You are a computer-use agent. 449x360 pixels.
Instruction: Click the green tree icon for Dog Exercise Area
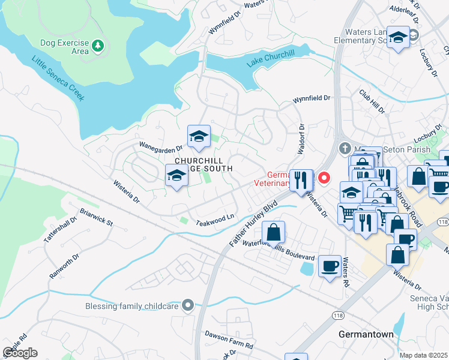(98, 45)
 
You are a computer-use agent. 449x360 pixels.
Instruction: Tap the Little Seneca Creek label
(58, 78)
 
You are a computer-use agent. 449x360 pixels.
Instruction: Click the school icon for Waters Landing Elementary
(397, 38)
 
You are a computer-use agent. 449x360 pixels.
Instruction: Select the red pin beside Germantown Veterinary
(325, 178)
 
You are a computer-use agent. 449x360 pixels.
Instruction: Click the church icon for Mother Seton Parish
(345, 148)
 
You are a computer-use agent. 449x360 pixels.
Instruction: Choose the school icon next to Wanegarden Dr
(198, 136)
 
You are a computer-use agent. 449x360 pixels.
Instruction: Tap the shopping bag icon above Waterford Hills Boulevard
(273, 232)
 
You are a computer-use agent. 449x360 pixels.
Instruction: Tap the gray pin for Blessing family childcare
(188, 305)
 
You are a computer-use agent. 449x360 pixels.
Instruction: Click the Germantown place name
(366, 334)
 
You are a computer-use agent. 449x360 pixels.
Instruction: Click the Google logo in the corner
(20, 353)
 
